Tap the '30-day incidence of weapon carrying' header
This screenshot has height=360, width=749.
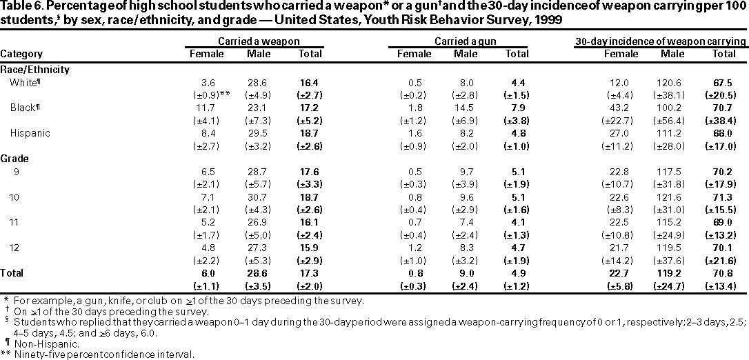click(x=661, y=41)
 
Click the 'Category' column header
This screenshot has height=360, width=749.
click(x=21, y=54)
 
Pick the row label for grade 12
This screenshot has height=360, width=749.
click(x=14, y=248)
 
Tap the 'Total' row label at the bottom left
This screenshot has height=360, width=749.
click(x=12, y=273)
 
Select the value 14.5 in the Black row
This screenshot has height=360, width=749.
click(x=466, y=108)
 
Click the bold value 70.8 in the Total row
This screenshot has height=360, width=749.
click(x=723, y=273)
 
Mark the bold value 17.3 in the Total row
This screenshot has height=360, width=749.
click(x=303, y=273)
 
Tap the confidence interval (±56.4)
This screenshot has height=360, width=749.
click(x=668, y=121)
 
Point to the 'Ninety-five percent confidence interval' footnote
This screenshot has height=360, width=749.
click(x=104, y=354)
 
